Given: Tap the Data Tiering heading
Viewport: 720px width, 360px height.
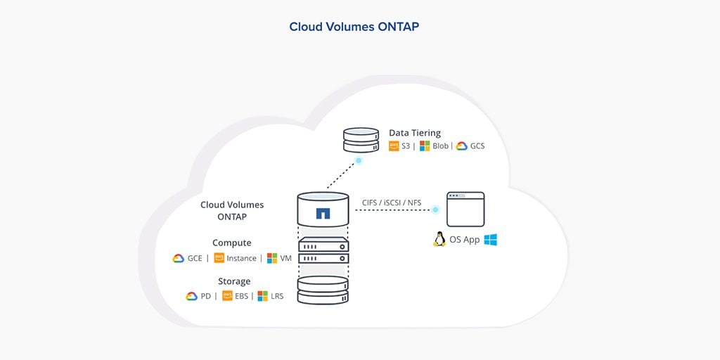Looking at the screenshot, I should pos(415,132).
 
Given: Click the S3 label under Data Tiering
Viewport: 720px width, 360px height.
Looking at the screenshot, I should pos(406,146).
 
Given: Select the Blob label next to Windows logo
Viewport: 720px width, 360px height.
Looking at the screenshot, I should pos(440,146).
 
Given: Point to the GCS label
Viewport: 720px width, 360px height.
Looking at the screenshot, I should pos(477,146).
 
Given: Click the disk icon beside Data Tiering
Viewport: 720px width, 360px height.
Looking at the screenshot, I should pos(361,139).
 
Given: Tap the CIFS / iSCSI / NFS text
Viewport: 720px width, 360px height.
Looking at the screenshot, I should pos(392,203).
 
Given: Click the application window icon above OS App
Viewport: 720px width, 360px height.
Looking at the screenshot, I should pos(465,209).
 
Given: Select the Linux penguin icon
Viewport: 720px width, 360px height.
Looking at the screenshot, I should pos(439,239).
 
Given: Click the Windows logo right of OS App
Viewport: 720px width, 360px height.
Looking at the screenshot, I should pos(490,239).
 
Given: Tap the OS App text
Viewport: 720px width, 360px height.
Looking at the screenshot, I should pos(465,240).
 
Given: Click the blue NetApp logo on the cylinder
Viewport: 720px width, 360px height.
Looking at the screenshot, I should pos(323,213).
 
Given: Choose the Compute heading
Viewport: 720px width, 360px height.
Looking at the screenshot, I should pos(231,243).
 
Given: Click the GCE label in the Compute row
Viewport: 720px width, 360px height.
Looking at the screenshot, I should pos(195,258).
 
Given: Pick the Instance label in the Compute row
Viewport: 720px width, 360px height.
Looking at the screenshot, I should pos(241,258).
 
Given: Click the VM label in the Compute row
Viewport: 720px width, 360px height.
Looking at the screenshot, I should pos(285,258).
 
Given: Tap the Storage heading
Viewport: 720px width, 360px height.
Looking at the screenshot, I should pos(234,281).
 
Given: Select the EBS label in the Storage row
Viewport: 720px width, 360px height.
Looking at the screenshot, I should pos(241,296).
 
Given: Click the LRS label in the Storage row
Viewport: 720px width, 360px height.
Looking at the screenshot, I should pos(277,296).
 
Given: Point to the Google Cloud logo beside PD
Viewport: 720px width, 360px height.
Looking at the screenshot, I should pos(191,296).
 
